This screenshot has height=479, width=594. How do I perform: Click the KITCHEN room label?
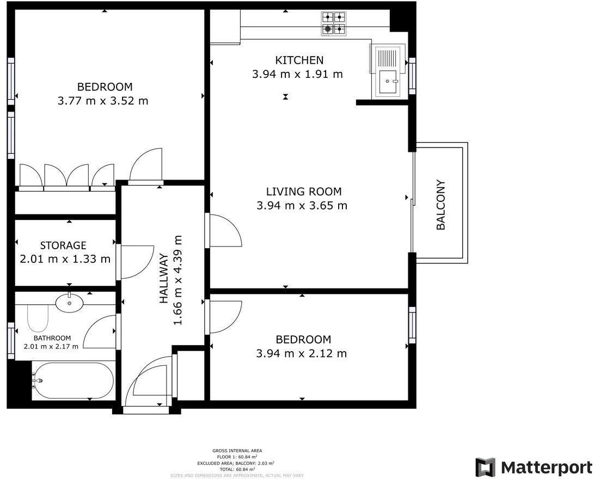299,60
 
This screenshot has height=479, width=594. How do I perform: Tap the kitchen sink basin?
389,82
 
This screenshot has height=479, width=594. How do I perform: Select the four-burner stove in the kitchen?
334,23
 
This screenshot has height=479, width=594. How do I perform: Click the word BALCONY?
441,205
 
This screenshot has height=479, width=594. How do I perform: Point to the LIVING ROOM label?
303,192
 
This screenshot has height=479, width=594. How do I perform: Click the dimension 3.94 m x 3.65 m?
301,206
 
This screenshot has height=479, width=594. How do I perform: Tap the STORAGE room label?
63,245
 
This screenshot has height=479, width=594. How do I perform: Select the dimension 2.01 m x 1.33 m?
65,259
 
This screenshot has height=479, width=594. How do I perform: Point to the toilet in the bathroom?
38,318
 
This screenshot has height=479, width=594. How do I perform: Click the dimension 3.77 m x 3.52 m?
102,101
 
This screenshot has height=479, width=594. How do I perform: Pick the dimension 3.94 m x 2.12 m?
301,354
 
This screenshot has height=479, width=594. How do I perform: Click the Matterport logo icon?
485,468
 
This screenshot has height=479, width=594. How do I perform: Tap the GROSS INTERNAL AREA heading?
237,451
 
